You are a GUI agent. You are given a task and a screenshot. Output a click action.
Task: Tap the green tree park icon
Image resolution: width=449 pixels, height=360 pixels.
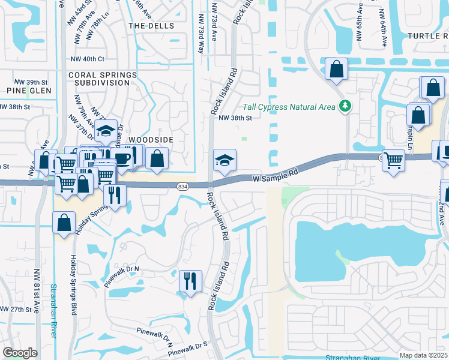click(345, 107)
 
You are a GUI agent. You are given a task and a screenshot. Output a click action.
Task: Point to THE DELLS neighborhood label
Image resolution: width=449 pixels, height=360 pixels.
click(151, 26)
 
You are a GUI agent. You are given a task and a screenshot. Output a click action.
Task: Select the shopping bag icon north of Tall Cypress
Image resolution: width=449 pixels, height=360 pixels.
click(336, 69)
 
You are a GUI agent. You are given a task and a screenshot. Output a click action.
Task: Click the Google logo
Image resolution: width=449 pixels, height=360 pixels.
click(20, 353)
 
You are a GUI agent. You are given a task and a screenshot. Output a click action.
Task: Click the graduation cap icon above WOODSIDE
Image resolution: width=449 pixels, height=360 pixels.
click(106, 130)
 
